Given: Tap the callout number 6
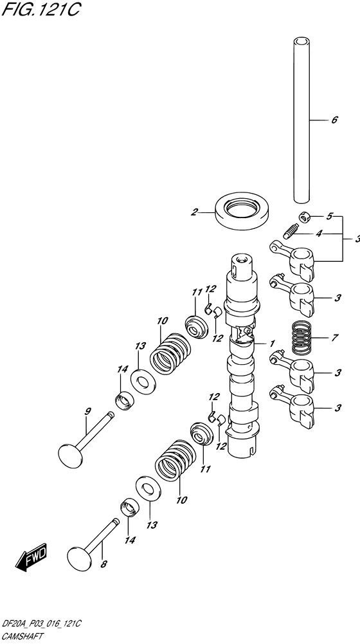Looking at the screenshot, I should coord(334,120).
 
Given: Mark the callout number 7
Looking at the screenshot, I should coord(334,337).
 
